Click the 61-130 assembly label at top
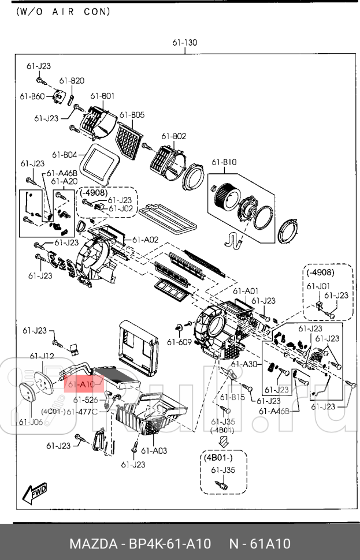click(x=184, y=43)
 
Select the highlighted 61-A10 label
click(x=81, y=383)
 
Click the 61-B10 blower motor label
click(x=224, y=162)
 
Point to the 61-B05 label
click(x=132, y=115)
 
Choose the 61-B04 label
click(x=64, y=154)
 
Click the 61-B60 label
click(x=32, y=96)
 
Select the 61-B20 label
click(x=72, y=81)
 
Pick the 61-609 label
click(x=179, y=342)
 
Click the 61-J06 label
click(x=30, y=421)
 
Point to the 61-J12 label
click(x=42, y=356)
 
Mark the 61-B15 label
click(x=233, y=397)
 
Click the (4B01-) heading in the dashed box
click(x=223, y=457)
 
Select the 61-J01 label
click(x=318, y=286)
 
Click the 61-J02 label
click(x=121, y=208)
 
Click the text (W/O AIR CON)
click(x=64, y=11)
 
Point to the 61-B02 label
click(x=173, y=136)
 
